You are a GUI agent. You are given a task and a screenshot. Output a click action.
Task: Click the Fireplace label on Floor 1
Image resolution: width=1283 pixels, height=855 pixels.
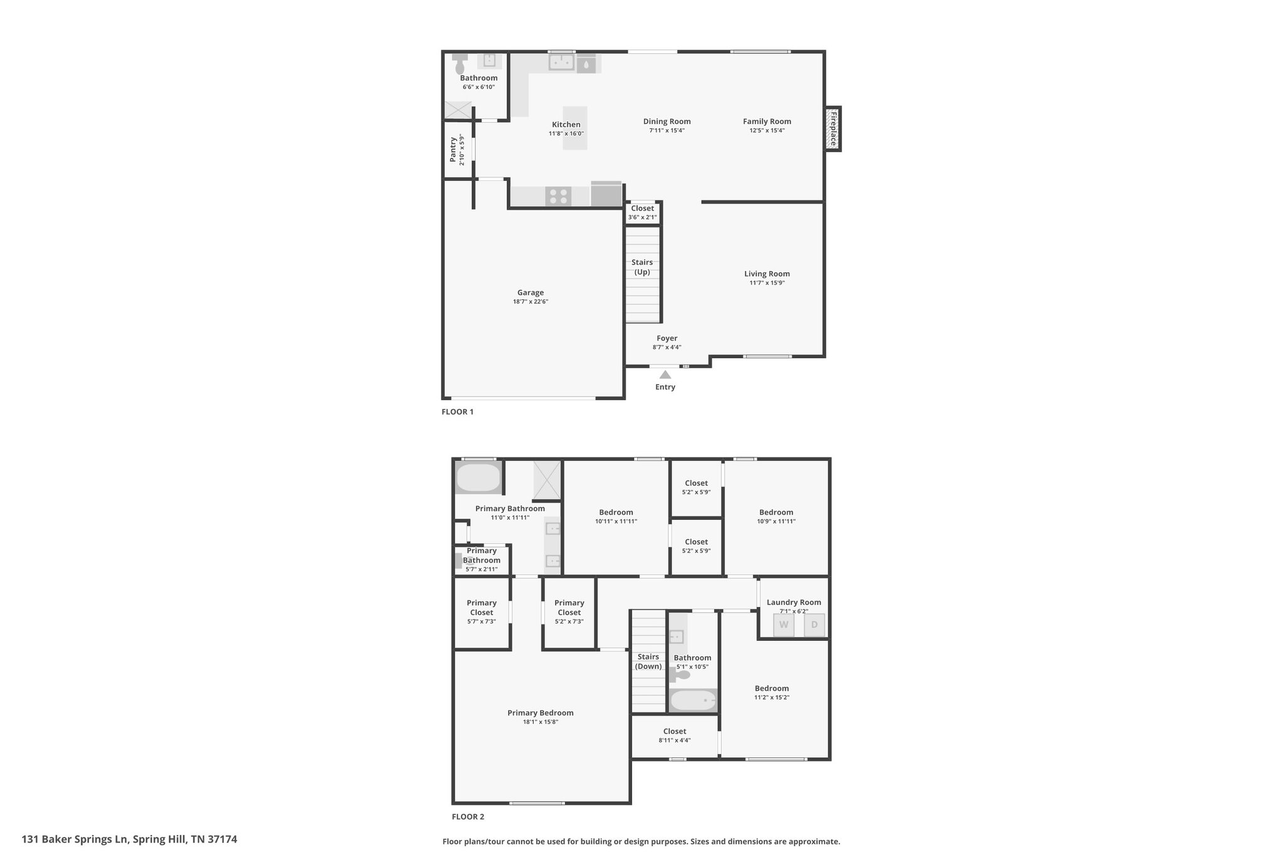coord(833,129)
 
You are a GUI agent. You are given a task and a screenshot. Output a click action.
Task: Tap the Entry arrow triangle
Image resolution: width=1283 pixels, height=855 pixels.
coord(665,375)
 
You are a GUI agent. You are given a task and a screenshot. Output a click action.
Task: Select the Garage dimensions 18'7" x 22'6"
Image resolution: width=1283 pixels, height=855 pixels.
coord(531,302)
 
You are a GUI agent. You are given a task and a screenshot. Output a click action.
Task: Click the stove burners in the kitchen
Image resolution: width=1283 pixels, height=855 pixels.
coord(558,197)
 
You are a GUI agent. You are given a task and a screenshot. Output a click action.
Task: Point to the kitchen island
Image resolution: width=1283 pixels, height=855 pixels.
coord(575,128)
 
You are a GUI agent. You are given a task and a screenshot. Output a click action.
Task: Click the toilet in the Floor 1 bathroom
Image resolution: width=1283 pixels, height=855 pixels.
coord(460,63)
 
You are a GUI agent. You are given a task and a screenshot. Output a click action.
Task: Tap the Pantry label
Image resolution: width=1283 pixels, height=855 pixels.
coord(453,150)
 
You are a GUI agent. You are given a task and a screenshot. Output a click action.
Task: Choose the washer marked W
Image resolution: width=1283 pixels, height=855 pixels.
coord(784,625)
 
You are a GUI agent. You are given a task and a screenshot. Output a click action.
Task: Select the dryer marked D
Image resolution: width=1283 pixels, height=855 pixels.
coord(814,625)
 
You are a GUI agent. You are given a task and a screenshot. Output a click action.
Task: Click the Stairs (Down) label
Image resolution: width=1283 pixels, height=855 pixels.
coord(648,661)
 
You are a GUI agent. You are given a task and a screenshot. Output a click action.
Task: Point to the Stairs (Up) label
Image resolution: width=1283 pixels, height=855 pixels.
coord(642,267)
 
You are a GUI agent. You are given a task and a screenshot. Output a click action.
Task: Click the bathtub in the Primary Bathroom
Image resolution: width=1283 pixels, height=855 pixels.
coord(479,479)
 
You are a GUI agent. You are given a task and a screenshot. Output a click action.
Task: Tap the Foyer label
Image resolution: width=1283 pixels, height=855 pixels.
coord(667,338)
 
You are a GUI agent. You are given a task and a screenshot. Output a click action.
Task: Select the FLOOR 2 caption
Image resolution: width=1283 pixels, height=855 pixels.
coord(468,817)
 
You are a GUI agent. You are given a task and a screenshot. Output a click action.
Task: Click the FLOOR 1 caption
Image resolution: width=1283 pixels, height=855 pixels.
coord(457,412)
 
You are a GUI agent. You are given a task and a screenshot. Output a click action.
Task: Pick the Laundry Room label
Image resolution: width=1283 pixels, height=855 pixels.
coord(794,603)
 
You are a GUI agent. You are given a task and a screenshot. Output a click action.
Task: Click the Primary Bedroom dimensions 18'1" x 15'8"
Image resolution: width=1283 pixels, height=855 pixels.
coord(540,722)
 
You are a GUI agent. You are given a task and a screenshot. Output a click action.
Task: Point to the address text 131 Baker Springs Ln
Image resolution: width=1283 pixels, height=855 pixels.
coord(75,839)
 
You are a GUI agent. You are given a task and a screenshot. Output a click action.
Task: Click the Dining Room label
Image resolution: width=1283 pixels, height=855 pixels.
coord(667,122)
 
